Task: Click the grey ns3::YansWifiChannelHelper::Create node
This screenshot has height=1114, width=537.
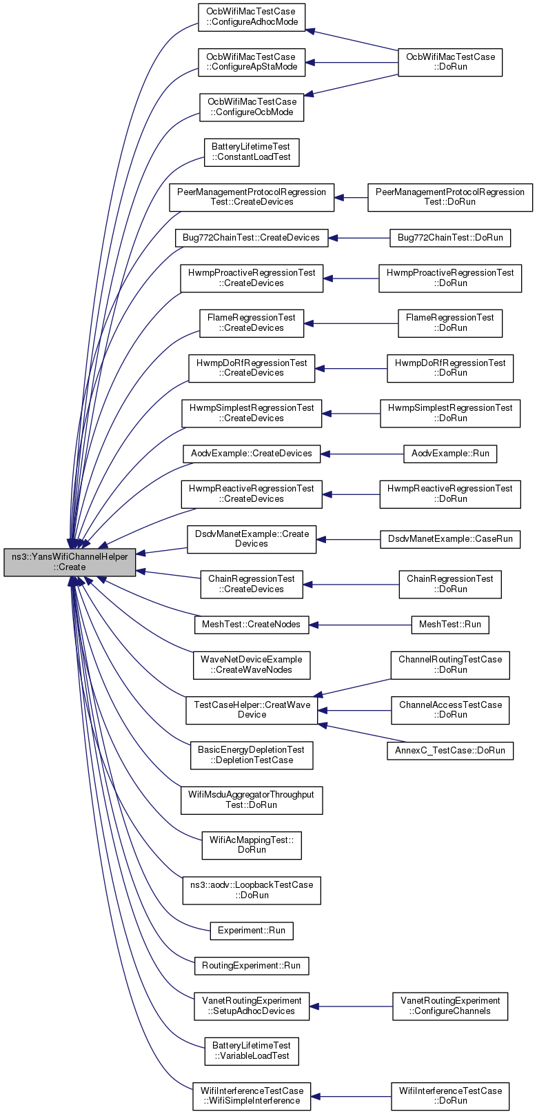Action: [70, 563]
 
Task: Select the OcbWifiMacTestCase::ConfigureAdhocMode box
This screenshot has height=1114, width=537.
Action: [252, 17]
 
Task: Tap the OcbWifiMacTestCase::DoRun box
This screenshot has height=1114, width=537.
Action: [450, 62]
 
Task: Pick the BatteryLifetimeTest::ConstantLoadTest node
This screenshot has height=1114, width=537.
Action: [252, 152]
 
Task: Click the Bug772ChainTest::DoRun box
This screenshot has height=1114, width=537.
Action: [450, 238]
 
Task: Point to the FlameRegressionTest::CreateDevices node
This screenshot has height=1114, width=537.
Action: [252, 323]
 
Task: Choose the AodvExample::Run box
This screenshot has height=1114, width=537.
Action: [450, 454]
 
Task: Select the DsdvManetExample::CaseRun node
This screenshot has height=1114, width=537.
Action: [450, 539]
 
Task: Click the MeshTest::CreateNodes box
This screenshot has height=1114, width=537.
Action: [252, 625]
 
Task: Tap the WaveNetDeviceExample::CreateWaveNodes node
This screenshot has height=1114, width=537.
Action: [252, 665]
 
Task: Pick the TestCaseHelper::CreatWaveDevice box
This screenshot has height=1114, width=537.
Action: [252, 710]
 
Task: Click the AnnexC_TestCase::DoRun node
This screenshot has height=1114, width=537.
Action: [450, 751]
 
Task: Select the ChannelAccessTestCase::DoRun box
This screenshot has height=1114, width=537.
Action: [450, 710]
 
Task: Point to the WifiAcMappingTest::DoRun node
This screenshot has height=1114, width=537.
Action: [252, 845]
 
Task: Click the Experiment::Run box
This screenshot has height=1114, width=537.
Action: [252, 931]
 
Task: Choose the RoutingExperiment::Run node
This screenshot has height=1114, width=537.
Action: [252, 966]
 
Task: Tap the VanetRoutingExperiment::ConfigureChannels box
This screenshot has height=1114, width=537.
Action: [450, 1006]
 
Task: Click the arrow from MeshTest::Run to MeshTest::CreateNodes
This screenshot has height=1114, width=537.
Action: [360, 625]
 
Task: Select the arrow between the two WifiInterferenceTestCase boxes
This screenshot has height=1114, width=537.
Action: [351, 1097]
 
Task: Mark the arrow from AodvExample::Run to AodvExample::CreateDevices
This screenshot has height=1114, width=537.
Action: [362, 454]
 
